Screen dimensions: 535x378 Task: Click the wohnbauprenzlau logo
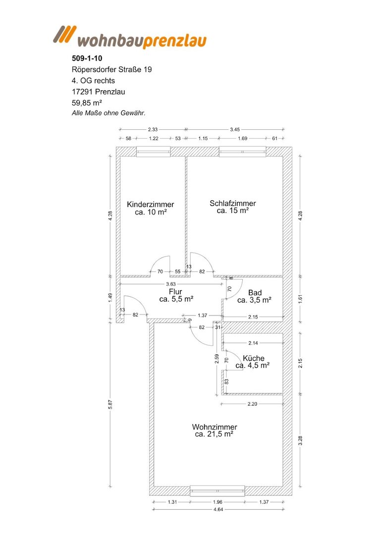coord(130,37)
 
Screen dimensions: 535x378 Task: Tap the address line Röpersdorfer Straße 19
coord(111,69)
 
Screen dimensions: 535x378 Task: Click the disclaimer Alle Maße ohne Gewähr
coord(102,113)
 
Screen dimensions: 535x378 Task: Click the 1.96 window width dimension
coord(217,502)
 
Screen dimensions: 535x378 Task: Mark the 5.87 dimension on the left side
coord(110,404)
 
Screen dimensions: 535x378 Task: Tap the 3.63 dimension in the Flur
coord(171,284)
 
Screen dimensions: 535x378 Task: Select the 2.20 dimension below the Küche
coord(252,404)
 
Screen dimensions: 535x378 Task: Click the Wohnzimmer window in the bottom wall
coord(217,490)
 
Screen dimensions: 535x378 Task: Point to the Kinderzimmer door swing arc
coord(160,263)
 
